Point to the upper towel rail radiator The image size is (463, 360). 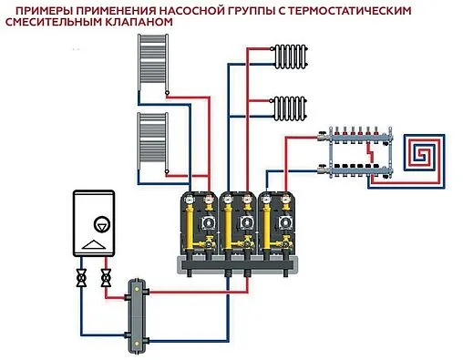150,65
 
